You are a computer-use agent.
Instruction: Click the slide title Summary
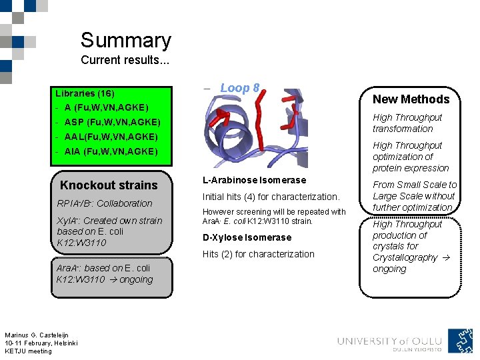[x=125, y=41]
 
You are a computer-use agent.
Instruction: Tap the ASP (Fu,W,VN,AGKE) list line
[x=108, y=122]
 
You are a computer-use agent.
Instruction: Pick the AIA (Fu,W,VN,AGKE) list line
[x=107, y=151]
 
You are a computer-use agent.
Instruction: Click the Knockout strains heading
[x=109, y=185]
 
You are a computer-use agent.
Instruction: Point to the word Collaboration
[x=125, y=203]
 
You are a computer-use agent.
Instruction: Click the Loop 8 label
[x=239, y=88]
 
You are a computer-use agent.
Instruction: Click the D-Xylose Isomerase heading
[x=247, y=237]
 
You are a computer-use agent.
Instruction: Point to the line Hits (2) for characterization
[x=258, y=254]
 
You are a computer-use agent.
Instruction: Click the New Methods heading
[x=411, y=99]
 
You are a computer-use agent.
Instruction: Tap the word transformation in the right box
[x=403, y=129]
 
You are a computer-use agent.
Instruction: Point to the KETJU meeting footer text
[x=28, y=351]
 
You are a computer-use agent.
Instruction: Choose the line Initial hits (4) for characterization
[x=271, y=197]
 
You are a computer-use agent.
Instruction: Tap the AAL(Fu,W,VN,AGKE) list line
[x=107, y=137]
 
